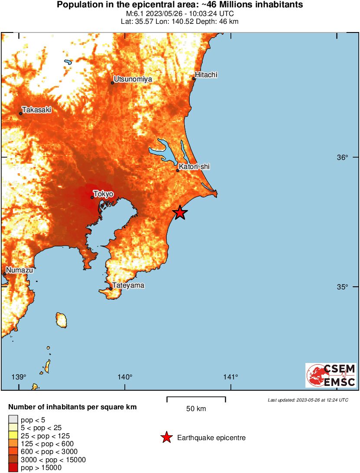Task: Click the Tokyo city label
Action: (104, 194)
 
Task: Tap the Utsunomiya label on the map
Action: (133, 79)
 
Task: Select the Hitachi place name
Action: (206, 75)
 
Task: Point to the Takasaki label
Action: (37, 110)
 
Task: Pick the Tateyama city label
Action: (128, 285)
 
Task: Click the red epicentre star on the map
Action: (180, 213)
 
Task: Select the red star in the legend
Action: (166, 438)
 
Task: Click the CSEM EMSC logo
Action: (331, 375)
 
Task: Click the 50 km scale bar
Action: (196, 399)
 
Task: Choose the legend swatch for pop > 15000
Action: (13, 467)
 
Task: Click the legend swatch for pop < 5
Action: (13, 419)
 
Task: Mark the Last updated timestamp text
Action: (308, 400)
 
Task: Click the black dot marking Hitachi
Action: (194, 78)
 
